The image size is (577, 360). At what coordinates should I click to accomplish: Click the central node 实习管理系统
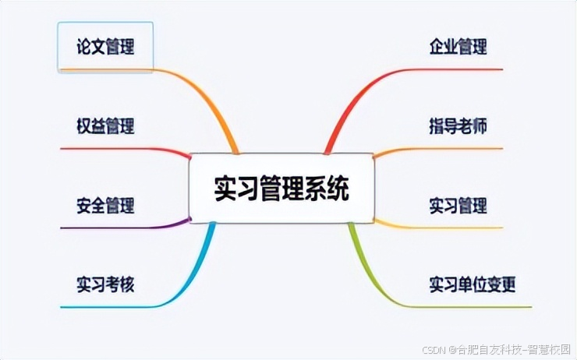(x=281, y=188)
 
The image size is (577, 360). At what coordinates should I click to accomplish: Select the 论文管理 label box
(x=105, y=46)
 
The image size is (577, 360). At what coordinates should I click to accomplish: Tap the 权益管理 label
(x=105, y=125)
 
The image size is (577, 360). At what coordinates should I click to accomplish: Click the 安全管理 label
(x=105, y=205)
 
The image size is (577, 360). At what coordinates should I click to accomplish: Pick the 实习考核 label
(x=105, y=284)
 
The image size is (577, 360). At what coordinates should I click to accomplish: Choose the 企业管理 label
(x=458, y=46)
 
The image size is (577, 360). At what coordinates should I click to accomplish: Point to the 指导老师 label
(x=458, y=125)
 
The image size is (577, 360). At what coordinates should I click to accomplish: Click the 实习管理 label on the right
(x=458, y=205)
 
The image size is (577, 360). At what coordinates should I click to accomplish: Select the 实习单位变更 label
(x=472, y=284)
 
